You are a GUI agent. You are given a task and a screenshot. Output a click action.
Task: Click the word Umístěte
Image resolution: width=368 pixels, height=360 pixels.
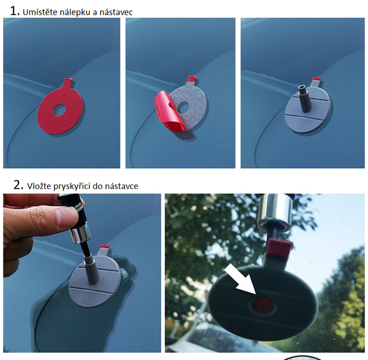point(40,12)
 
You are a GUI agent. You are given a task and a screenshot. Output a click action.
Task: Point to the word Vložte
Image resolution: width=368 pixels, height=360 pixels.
point(39,186)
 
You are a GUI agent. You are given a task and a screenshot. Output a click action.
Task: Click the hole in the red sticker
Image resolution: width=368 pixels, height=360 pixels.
point(59,110)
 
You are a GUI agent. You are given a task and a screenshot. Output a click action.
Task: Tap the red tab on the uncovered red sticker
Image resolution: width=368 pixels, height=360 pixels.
point(69,82)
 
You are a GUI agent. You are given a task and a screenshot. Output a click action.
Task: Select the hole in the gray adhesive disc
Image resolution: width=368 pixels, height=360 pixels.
point(183,107)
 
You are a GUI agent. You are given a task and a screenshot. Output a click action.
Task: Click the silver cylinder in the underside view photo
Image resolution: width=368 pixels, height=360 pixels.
point(275,212)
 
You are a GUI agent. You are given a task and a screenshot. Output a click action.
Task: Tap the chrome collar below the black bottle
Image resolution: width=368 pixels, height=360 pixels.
point(80,235)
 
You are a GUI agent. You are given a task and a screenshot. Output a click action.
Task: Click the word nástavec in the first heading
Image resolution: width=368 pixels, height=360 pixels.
point(116,12)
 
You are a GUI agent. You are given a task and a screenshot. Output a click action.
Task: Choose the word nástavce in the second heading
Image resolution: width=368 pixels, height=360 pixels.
point(121,186)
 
